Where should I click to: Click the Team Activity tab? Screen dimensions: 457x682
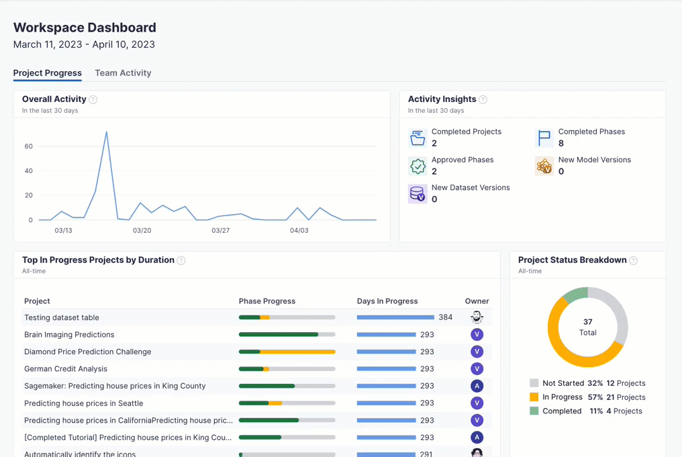point(123,73)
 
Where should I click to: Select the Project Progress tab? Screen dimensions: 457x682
point(48,73)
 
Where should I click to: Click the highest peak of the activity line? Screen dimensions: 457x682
point(106,132)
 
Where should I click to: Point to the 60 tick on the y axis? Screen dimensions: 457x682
point(29,146)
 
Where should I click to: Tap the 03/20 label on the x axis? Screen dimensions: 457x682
point(142,230)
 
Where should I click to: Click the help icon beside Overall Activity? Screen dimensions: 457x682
point(93,100)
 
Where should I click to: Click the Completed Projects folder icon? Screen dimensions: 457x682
point(418,138)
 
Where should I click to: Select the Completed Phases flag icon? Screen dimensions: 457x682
point(544,138)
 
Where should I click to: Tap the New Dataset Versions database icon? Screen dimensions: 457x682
point(418,194)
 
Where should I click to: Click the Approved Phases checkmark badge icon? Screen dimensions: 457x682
point(418,166)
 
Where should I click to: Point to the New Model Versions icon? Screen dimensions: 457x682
point(544,166)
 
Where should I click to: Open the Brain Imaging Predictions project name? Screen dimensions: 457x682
point(69,335)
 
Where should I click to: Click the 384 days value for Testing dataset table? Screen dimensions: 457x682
point(446,317)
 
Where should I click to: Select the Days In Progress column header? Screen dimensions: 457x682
point(387,301)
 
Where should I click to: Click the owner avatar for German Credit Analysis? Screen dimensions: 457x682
point(477,369)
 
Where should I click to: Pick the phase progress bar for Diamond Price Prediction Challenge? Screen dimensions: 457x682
point(287,352)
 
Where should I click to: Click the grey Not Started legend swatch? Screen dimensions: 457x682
point(534,383)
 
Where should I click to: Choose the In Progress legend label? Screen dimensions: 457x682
point(563,397)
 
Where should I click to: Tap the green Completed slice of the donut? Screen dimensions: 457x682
point(576,295)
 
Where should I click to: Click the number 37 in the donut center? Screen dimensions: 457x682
point(588,322)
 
